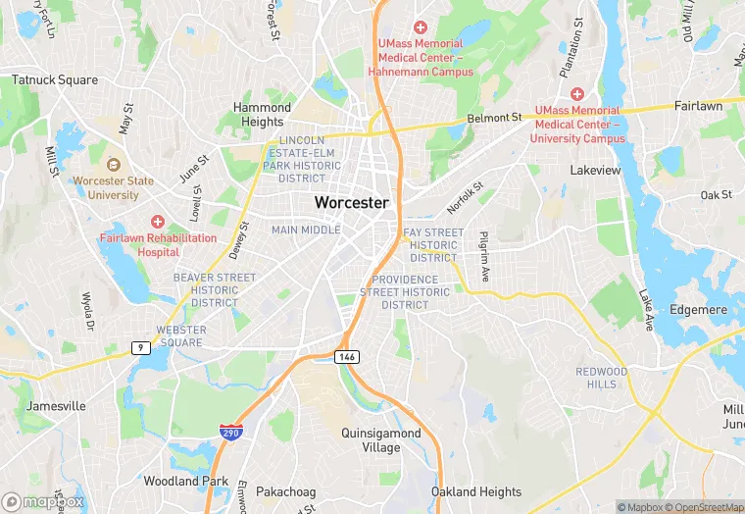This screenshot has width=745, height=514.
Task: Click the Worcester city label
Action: pyautogui.click(x=351, y=202)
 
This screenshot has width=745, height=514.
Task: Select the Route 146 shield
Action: pyautogui.click(x=346, y=355)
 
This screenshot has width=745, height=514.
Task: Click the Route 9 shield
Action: pyautogui.click(x=140, y=346)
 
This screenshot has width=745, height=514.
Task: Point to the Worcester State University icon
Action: pyautogui.click(x=113, y=165)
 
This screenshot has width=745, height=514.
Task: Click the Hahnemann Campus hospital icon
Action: pyautogui.click(x=421, y=26)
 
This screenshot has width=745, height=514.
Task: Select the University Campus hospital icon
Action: pyautogui.click(x=577, y=94)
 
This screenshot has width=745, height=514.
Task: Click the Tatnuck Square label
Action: pyautogui.click(x=55, y=80)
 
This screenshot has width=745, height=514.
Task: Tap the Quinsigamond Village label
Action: pyautogui.click(x=380, y=439)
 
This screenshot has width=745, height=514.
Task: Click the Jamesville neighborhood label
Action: pyautogui.click(x=57, y=406)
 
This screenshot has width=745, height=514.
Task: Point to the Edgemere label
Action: pyautogui.click(x=697, y=309)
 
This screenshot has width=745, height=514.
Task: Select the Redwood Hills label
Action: pyautogui.click(x=602, y=378)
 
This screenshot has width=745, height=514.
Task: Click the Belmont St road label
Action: pyautogui.click(x=495, y=118)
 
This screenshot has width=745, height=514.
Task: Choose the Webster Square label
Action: pyautogui.click(x=181, y=336)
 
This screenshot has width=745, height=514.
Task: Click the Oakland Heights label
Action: pyautogui.click(x=476, y=491)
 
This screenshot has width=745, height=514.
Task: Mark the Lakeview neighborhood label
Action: pyautogui.click(x=596, y=170)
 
